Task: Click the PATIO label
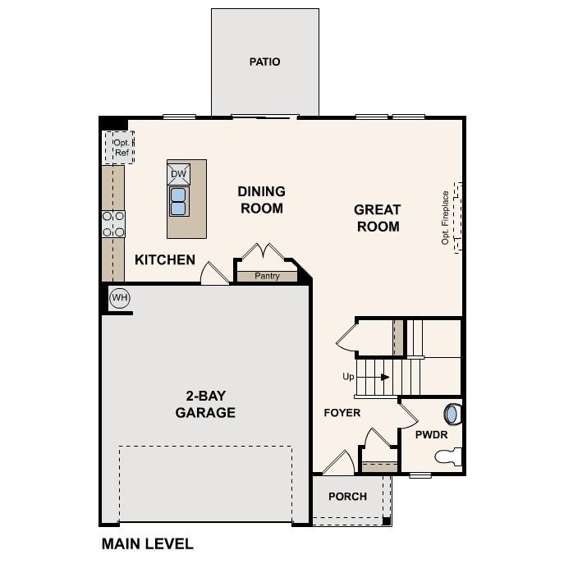(264, 62)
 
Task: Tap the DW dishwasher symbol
(179, 174)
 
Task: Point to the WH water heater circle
(120, 297)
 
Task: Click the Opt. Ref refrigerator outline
(120, 148)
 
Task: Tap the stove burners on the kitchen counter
(113, 224)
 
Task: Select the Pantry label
(267, 276)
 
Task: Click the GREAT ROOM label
(378, 218)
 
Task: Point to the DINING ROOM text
(261, 199)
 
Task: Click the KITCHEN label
(165, 260)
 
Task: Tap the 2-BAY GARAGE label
(205, 404)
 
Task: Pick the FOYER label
(342, 413)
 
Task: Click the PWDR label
(430, 434)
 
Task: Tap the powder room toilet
(450, 456)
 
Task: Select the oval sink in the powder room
(451, 413)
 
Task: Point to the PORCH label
(347, 497)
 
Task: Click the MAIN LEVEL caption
(148, 543)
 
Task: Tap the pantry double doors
(260, 251)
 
